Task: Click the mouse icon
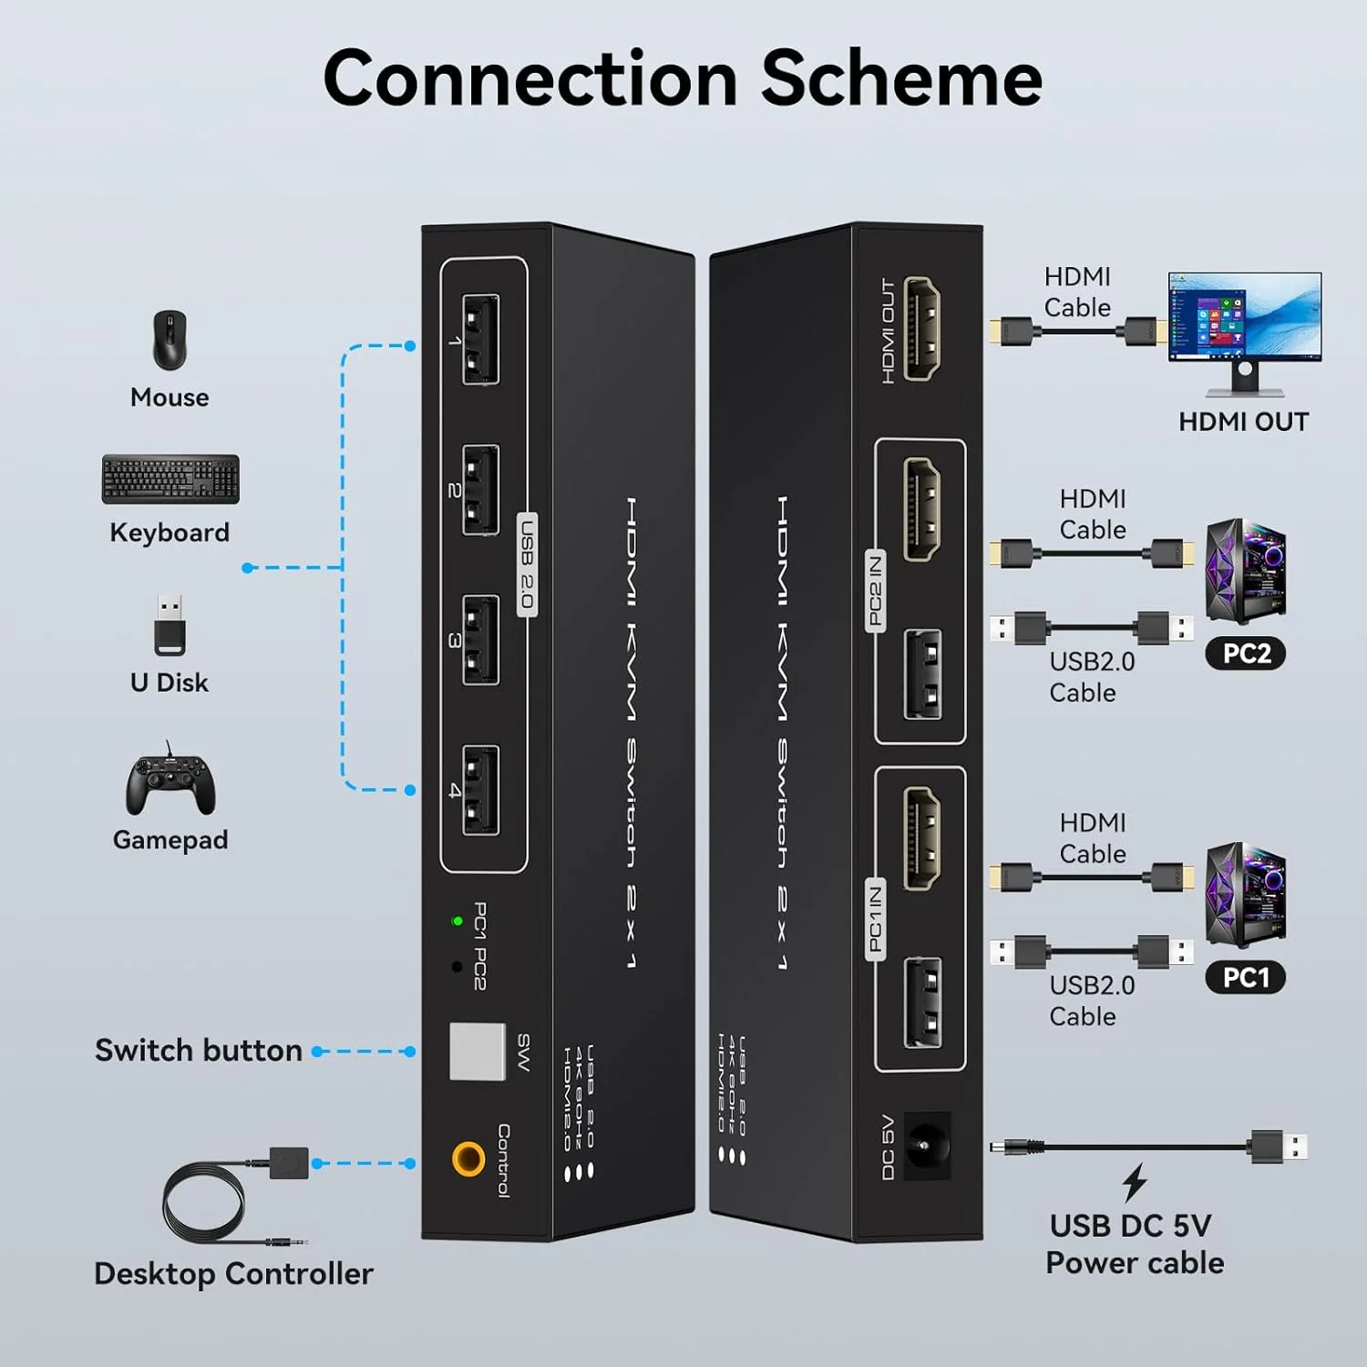[170, 340]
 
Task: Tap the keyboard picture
[170, 479]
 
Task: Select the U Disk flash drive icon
[170, 625]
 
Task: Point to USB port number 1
[480, 339]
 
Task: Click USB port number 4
[480, 790]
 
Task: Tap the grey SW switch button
[477, 1051]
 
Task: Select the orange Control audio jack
[468, 1159]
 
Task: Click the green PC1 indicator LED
[457, 921]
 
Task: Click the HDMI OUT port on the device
[922, 329]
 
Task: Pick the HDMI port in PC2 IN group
[922, 509]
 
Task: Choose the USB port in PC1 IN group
[922, 1002]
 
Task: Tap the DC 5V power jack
[928, 1146]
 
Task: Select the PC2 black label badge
[1246, 653]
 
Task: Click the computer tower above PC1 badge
[1245, 895]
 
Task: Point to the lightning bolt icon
[1135, 1183]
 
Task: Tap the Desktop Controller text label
[233, 1273]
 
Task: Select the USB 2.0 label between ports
[527, 564]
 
